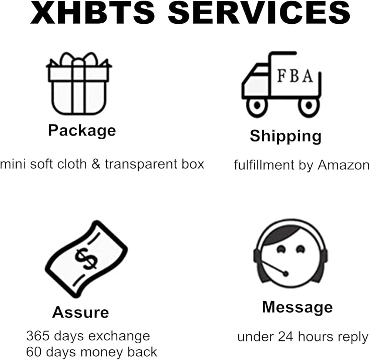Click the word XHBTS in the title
coord(94,13)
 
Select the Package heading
coord(82,131)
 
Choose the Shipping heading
coord(285,136)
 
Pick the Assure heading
coord(80,312)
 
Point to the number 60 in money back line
coord(34,351)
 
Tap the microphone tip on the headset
coord(285,274)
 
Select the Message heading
coord(297,307)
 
